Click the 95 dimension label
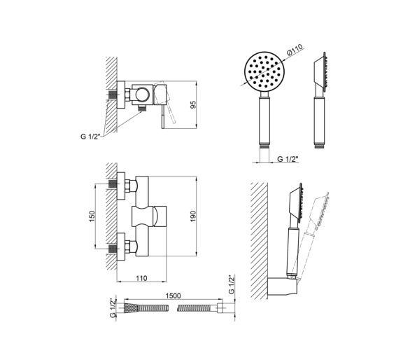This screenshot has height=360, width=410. [193, 105]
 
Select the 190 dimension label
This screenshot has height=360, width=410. [193, 216]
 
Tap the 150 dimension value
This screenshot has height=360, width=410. [92, 216]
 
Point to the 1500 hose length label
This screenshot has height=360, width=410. [173, 296]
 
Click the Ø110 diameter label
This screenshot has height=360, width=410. [295, 49]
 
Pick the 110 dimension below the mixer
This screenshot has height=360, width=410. [141, 278]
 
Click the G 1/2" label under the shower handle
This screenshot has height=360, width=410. [288, 159]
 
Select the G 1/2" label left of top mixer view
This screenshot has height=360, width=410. [90, 137]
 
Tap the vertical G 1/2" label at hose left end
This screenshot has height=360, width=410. [113, 308]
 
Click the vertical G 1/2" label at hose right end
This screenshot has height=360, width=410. [232, 284]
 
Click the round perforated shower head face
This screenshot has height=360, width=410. [264, 71]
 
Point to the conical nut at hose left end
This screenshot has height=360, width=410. [130, 308]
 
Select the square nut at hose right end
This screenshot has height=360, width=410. [220, 308]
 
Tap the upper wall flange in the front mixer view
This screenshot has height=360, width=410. [121, 186]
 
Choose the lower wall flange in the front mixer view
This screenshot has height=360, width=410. [121, 247]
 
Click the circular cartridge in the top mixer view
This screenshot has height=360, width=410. [142, 95]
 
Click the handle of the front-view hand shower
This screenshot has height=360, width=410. [264, 120]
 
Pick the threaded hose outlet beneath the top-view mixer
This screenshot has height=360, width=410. [142, 108]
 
